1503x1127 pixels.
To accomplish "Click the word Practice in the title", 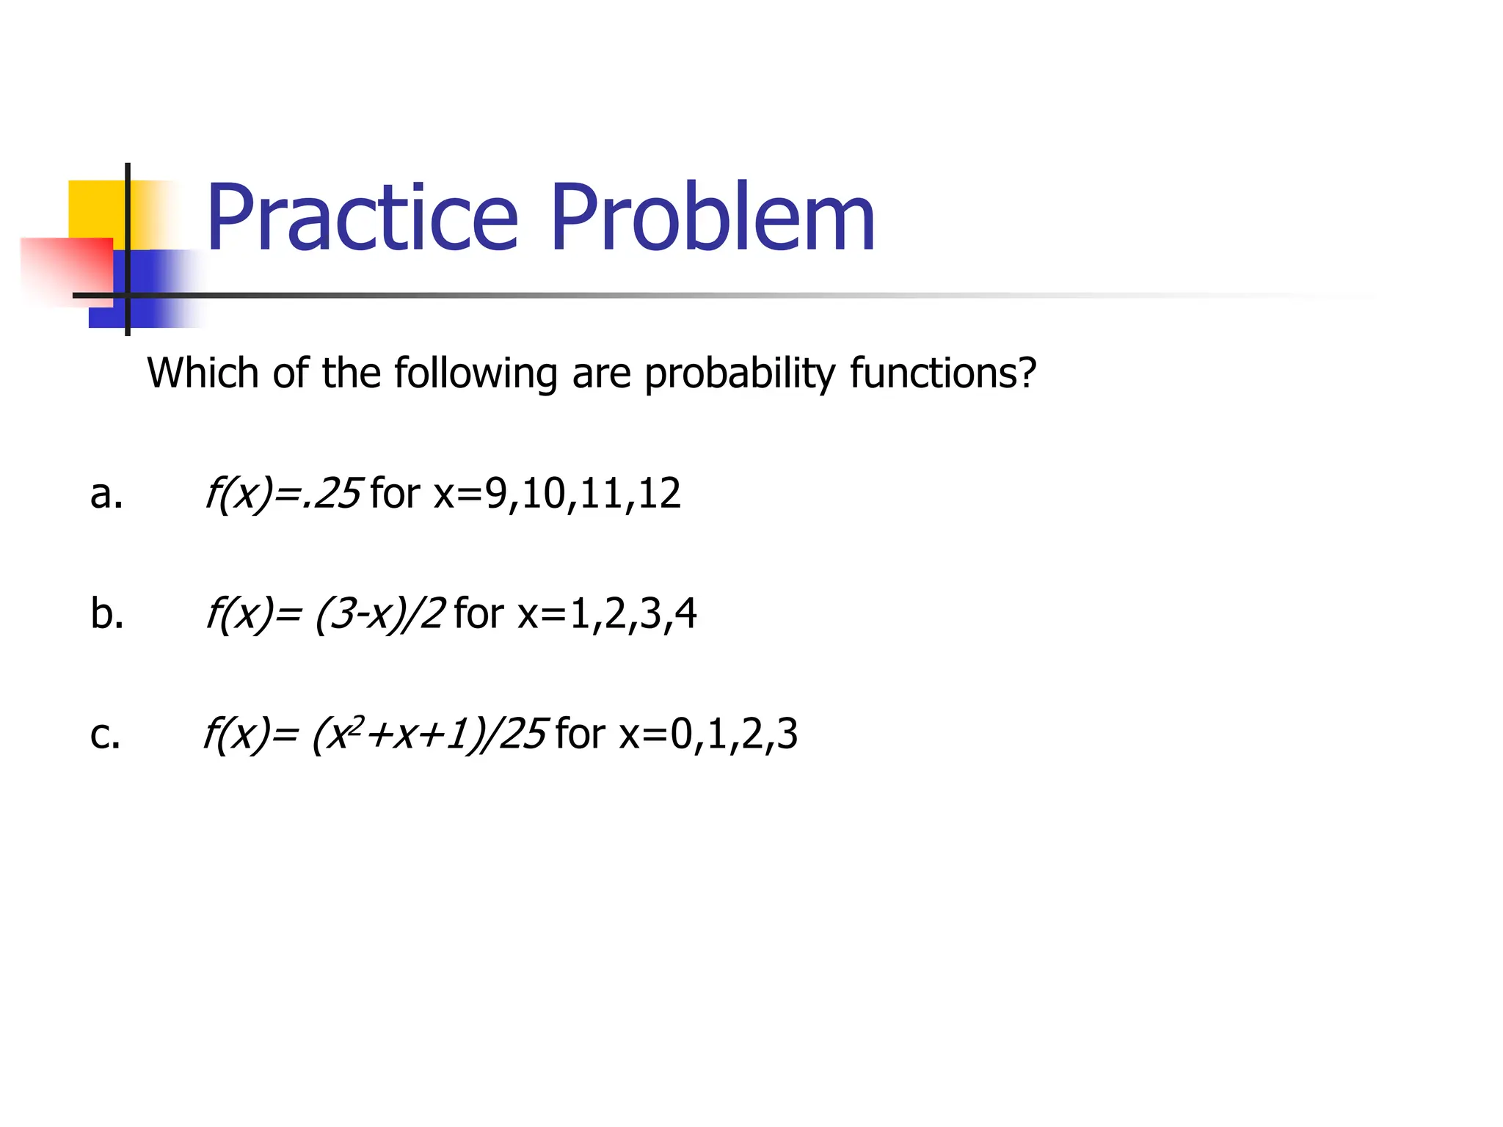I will [x=362, y=218].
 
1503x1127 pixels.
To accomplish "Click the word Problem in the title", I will [x=712, y=218].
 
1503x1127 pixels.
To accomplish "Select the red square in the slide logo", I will [x=66, y=268].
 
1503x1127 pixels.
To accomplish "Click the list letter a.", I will [x=106, y=494].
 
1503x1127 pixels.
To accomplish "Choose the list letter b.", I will [x=106, y=613].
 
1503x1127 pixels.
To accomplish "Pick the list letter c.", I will [x=105, y=734].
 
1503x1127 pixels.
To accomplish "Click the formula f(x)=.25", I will [x=283, y=493].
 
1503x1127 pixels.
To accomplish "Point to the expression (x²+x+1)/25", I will [x=429, y=734].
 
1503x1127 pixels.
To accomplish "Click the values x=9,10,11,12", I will [x=557, y=493].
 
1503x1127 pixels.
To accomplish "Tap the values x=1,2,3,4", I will [x=607, y=613].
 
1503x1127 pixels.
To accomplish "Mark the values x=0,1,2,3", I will [x=708, y=734].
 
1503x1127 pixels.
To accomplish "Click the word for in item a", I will [x=395, y=493].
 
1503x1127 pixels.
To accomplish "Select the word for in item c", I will [x=580, y=734].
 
